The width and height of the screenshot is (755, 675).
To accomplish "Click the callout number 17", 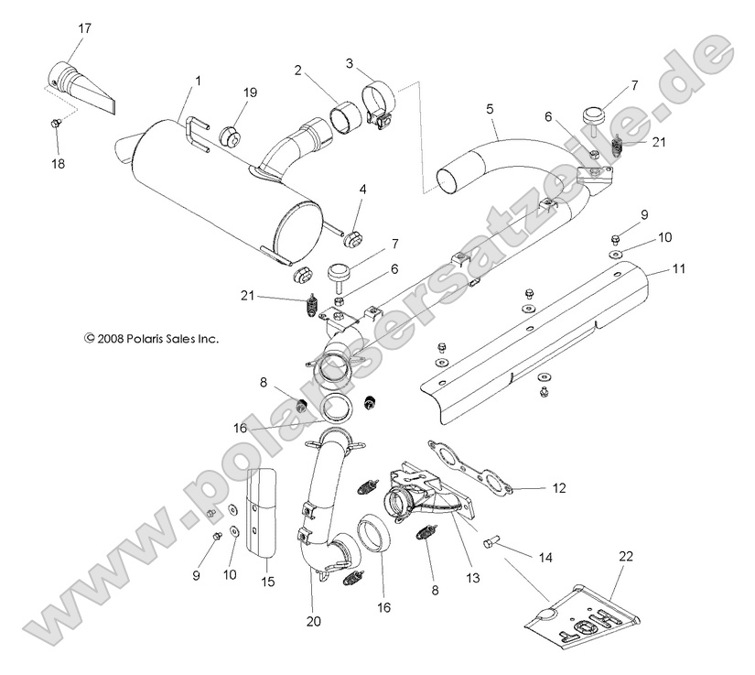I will pyautogui.click(x=84, y=28).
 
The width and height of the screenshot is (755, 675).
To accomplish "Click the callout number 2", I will pyautogui.click(x=298, y=70).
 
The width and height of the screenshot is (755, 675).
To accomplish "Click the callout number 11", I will pyautogui.click(x=678, y=270).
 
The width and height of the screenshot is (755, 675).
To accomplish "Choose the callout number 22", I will pyautogui.click(x=625, y=555).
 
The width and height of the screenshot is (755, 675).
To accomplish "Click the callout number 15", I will pyautogui.click(x=266, y=582).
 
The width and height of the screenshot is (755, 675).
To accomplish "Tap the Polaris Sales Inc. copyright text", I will pyautogui.click(x=152, y=338).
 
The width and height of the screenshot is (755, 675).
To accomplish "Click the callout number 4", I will pyautogui.click(x=362, y=190).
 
